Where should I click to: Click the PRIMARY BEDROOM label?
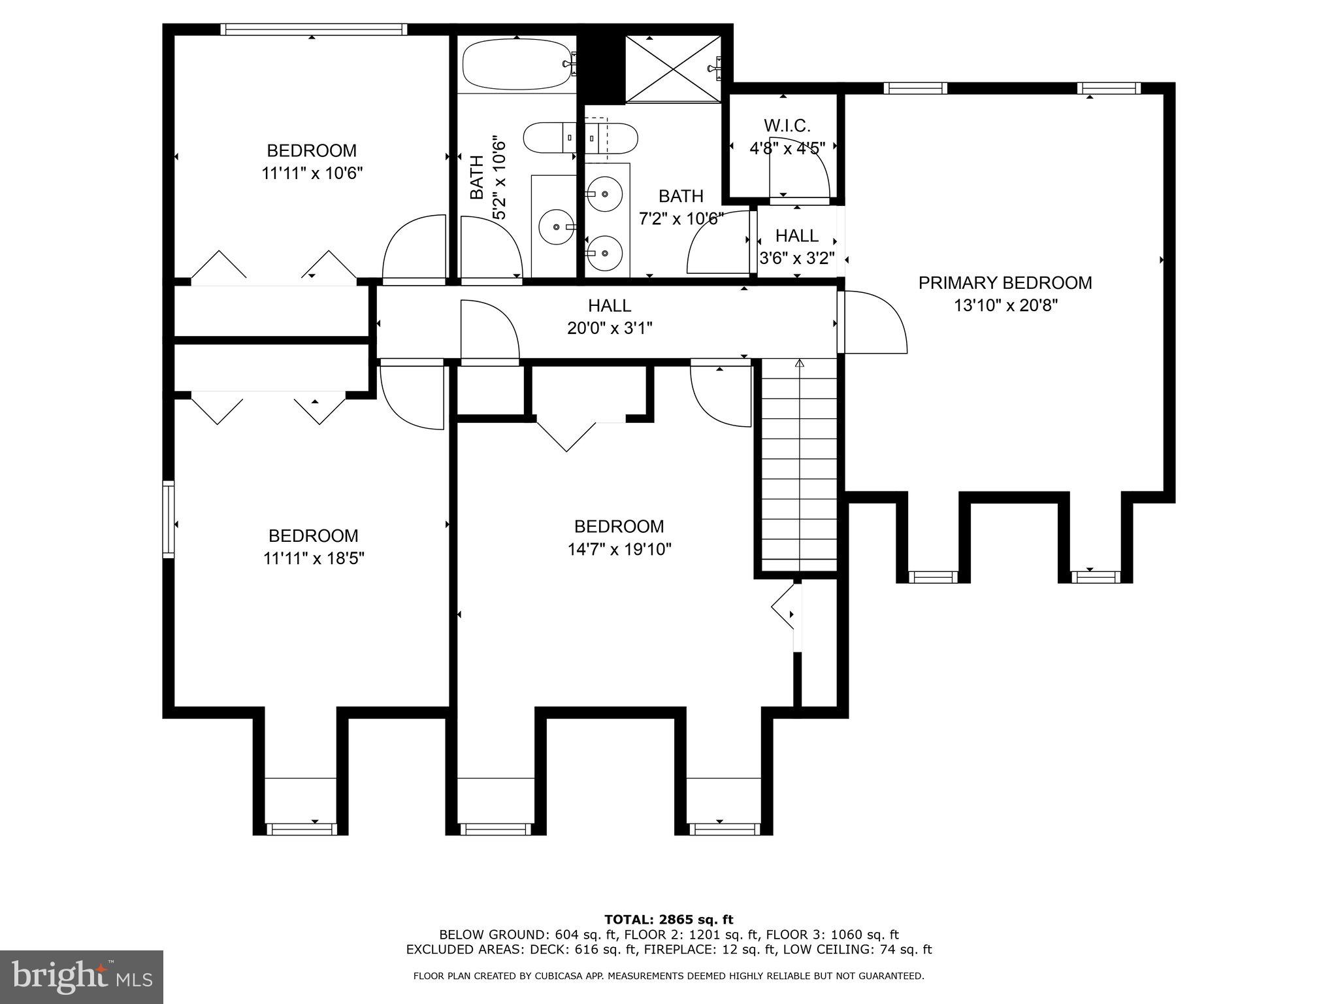[x=1005, y=283]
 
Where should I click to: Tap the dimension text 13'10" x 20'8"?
[x=1005, y=305]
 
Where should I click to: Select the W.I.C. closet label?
[x=787, y=125]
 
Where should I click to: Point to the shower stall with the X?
[x=673, y=68]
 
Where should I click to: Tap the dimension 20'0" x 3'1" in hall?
[x=609, y=327]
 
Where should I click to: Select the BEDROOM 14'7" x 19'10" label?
[x=619, y=527]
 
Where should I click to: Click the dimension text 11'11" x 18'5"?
[x=313, y=558]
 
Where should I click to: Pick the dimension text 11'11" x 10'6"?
[x=312, y=173]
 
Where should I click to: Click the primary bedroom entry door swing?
[x=874, y=323]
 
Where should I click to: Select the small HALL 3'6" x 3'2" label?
[x=797, y=235]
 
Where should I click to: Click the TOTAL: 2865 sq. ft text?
[x=668, y=920]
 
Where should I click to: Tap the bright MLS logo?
[x=82, y=977]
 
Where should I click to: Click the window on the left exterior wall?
[x=169, y=519]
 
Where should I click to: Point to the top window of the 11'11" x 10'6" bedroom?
[x=313, y=29]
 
